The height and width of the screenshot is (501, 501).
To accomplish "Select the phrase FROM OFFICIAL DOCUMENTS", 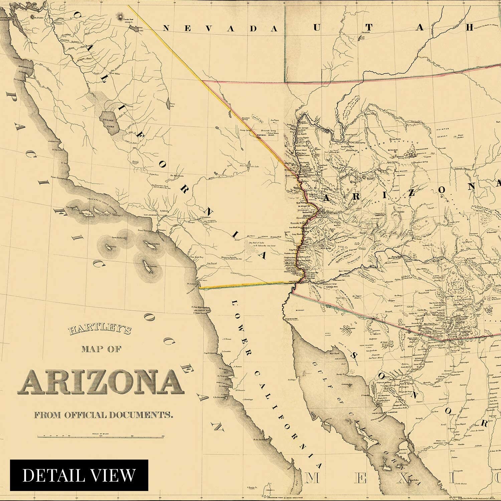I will [x=104, y=415].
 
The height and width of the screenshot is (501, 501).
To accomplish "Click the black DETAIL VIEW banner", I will [x=79, y=475].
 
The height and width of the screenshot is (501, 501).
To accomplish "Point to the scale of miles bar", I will [x=100, y=436].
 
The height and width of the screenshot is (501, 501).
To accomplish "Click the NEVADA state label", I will [x=220, y=29].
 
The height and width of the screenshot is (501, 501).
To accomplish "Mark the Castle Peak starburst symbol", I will [x=119, y=16].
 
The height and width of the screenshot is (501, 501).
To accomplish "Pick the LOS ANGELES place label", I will [x=150, y=215].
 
